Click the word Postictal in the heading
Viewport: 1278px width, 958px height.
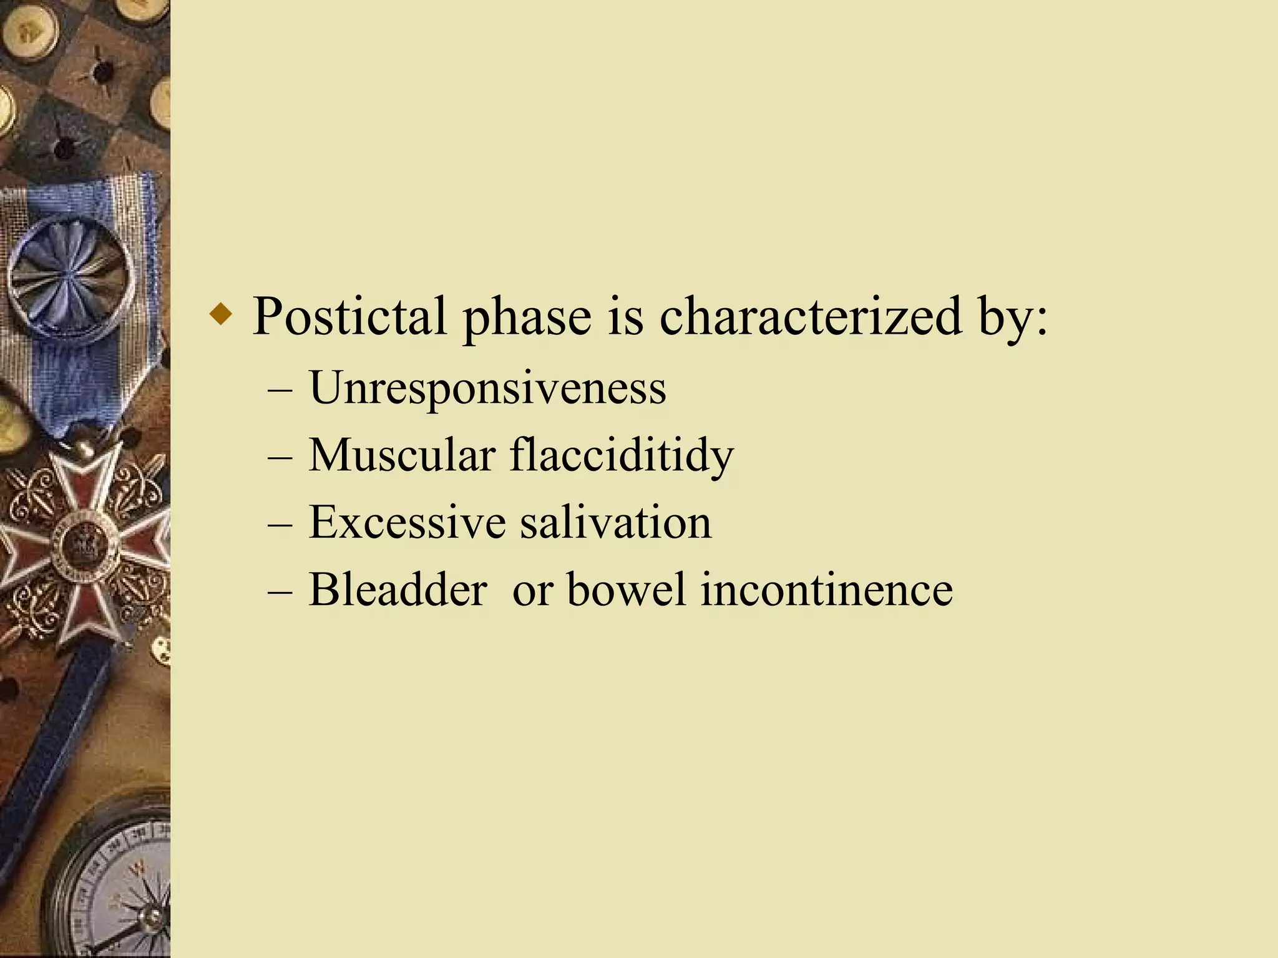[349, 317]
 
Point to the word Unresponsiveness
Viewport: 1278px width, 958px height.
[487, 389]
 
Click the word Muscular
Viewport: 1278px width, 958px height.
[402, 455]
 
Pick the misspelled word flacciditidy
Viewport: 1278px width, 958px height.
[622, 456]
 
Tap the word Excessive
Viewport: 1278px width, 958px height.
[407, 522]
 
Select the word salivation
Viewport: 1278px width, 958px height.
[616, 522]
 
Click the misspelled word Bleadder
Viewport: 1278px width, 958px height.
[398, 589]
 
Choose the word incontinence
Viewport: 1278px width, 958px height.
[826, 589]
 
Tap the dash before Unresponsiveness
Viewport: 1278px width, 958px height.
[280, 390]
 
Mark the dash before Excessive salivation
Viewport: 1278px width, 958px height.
[280, 525]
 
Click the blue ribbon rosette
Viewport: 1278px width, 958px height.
[71, 274]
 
